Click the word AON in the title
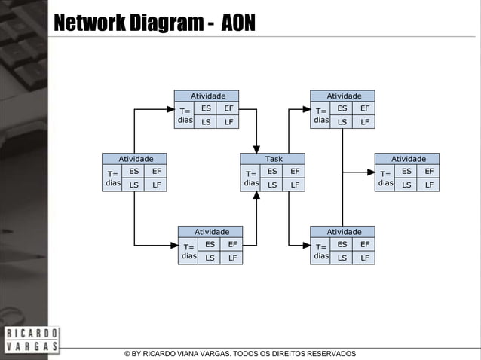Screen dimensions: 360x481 238,25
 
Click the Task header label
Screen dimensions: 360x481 274,159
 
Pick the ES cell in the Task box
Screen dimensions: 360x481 272,171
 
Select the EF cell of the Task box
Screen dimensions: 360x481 295,171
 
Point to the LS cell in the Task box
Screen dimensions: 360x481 272,184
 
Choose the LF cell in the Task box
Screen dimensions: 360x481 295,184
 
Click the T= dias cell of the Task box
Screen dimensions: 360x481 251,178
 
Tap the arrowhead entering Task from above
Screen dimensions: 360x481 257,148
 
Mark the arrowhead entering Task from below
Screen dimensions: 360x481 257,195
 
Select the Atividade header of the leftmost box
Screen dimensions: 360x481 136,159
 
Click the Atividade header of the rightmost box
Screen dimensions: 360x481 408,159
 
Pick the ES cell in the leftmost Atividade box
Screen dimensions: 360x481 133,171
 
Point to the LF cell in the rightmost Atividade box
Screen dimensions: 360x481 429,184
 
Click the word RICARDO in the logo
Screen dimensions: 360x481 31,334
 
